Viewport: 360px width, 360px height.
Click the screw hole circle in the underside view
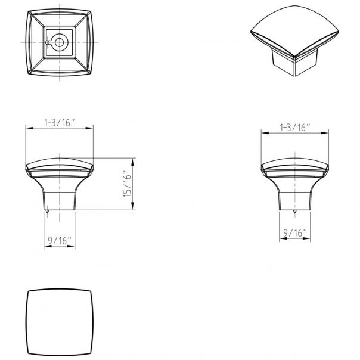(x=60, y=42)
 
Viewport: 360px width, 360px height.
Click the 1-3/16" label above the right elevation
(x=296, y=127)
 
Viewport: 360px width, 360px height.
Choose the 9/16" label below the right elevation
(x=296, y=232)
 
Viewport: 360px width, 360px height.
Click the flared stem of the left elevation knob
(x=59, y=194)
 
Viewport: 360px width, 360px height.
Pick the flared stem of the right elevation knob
(x=296, y=194)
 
